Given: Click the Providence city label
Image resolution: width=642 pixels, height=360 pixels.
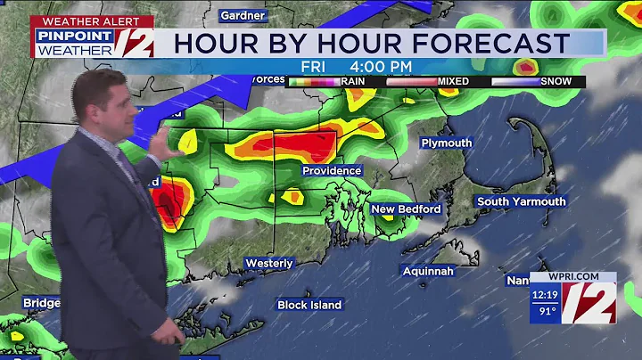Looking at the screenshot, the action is coord(332,170).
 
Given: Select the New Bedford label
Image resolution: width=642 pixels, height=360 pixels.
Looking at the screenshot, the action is coord(407,209).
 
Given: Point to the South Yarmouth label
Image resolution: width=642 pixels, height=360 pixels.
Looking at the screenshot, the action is coord(521,201).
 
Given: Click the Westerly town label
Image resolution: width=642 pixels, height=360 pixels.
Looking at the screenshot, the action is coord(269,263).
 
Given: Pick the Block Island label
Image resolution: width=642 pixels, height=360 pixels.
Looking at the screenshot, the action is coord(309,305).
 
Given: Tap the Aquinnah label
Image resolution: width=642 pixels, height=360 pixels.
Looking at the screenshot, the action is coord(428,270).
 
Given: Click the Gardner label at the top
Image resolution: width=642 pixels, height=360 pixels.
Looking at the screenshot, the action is coord(242,15).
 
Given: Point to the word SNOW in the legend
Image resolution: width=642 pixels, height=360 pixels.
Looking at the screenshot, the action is coord(557,81).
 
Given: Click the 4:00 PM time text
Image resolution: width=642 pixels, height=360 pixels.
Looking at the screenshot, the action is coord(380,65).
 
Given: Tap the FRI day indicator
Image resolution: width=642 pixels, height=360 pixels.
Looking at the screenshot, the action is coord(312,65).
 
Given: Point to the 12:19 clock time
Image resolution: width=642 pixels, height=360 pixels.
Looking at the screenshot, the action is coord(545,296).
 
